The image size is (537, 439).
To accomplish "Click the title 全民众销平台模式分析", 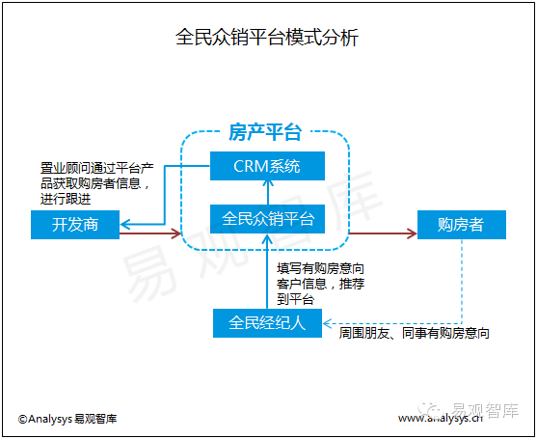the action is pyautogui.click(x=267, y=37).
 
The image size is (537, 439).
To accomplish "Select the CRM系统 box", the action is pyautogui.click(x=267, y=166).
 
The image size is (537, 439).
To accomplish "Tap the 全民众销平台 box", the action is pyautogui.click(x=267, y=219).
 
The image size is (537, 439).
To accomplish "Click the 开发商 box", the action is pyautogui.click(x=75, y=225).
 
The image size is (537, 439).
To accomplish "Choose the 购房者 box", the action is pyautogui.click(x=461, y=225).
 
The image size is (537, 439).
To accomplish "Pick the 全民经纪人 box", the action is pyautogui.click(x=267, y=323).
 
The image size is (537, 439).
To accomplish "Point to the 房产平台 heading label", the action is pyautogui.click(x=265, y=132).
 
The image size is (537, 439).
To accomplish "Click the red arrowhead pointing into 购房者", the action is pyautogui.click(x=412, y=233).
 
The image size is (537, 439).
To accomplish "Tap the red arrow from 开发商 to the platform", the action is pyautogui.click(x=150, y=233).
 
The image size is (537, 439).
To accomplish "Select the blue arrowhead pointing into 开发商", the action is pyautogui.click(x=125, y=225).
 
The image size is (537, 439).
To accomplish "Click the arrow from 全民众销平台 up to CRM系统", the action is pyautogui.click(x=268, y=193).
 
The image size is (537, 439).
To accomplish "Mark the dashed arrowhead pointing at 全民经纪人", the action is pyautogui.click(x=328, y=323).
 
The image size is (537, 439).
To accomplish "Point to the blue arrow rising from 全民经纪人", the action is pyautogui.click(x=267, y=271).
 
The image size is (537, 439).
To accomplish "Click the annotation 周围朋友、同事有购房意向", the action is pyautogui.click(x=414, y=333).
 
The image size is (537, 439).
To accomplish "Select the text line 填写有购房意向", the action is pyautogui.click(x=320, y=268).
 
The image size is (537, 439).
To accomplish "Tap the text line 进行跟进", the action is pyautogui.click(x=66, y=199).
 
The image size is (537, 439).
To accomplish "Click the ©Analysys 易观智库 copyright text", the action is pyautogui.click(x=67, y=419).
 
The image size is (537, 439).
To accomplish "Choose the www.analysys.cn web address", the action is pyautogui.click(x=441, y=418).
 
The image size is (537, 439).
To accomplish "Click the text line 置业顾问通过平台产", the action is pyautogui.click(x=97, y=168).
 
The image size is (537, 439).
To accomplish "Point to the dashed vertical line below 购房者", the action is pyautogui.click(x=462, y=282).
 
